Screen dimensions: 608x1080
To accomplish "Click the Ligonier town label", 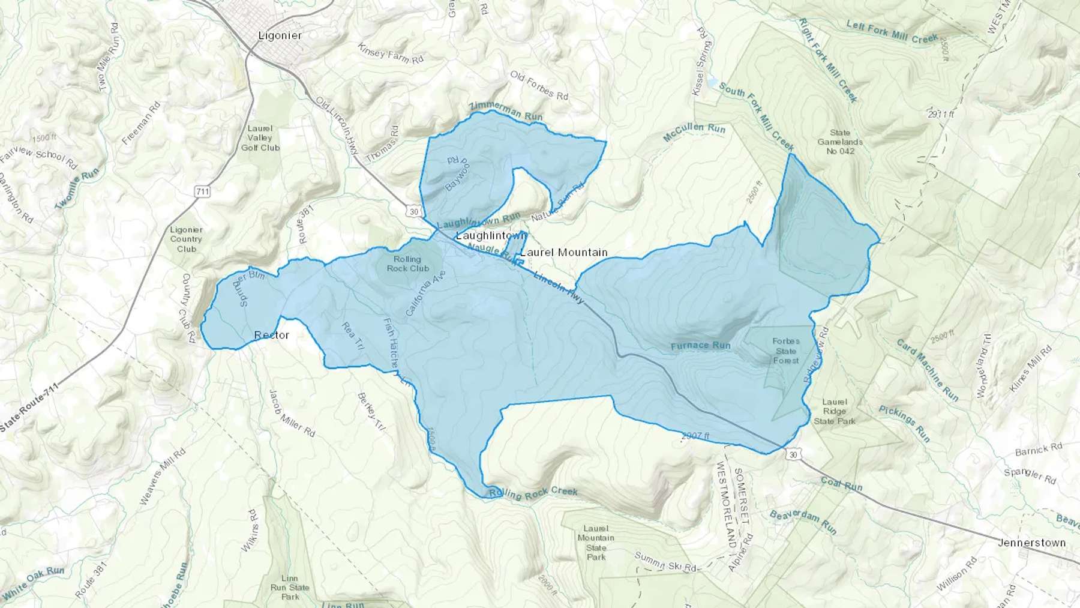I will click(x=280, y=35).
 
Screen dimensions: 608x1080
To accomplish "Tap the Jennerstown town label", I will click(x=1031, y=543).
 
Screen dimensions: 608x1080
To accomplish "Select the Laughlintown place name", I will click(x=491, y=236).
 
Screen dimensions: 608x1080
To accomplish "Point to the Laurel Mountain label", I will click(x=564, y=252).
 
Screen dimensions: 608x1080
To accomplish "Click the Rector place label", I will click(x=272, y=335).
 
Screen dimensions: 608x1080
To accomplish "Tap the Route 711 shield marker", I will click(x=202, y=191).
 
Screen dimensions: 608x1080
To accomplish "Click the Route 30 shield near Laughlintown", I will click(x=413, y=212).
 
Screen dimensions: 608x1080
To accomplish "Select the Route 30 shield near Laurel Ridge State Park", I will click(x=793, y=454).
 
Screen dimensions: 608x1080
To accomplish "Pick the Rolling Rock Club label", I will click(x=407, y=264).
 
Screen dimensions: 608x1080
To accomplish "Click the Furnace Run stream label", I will click(x=700, y=346).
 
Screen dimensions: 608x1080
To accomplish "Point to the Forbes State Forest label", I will click(x=785, y=351).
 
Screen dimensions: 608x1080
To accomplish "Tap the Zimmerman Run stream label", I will click(x=505, y=111).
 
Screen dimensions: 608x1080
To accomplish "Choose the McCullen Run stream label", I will click(x=694, y=132).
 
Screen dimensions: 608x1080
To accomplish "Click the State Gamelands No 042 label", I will click(x=840, y=142).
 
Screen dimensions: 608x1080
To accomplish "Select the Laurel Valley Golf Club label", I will click(x=260, y=138).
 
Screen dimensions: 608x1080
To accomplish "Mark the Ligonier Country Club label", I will click(x=186, y=239).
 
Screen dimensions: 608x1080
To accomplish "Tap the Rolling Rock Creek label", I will click(x=533, y=494).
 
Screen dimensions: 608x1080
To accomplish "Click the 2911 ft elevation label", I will click(x=940, y=113).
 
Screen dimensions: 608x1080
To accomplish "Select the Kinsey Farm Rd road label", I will click(x=391, y=53).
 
